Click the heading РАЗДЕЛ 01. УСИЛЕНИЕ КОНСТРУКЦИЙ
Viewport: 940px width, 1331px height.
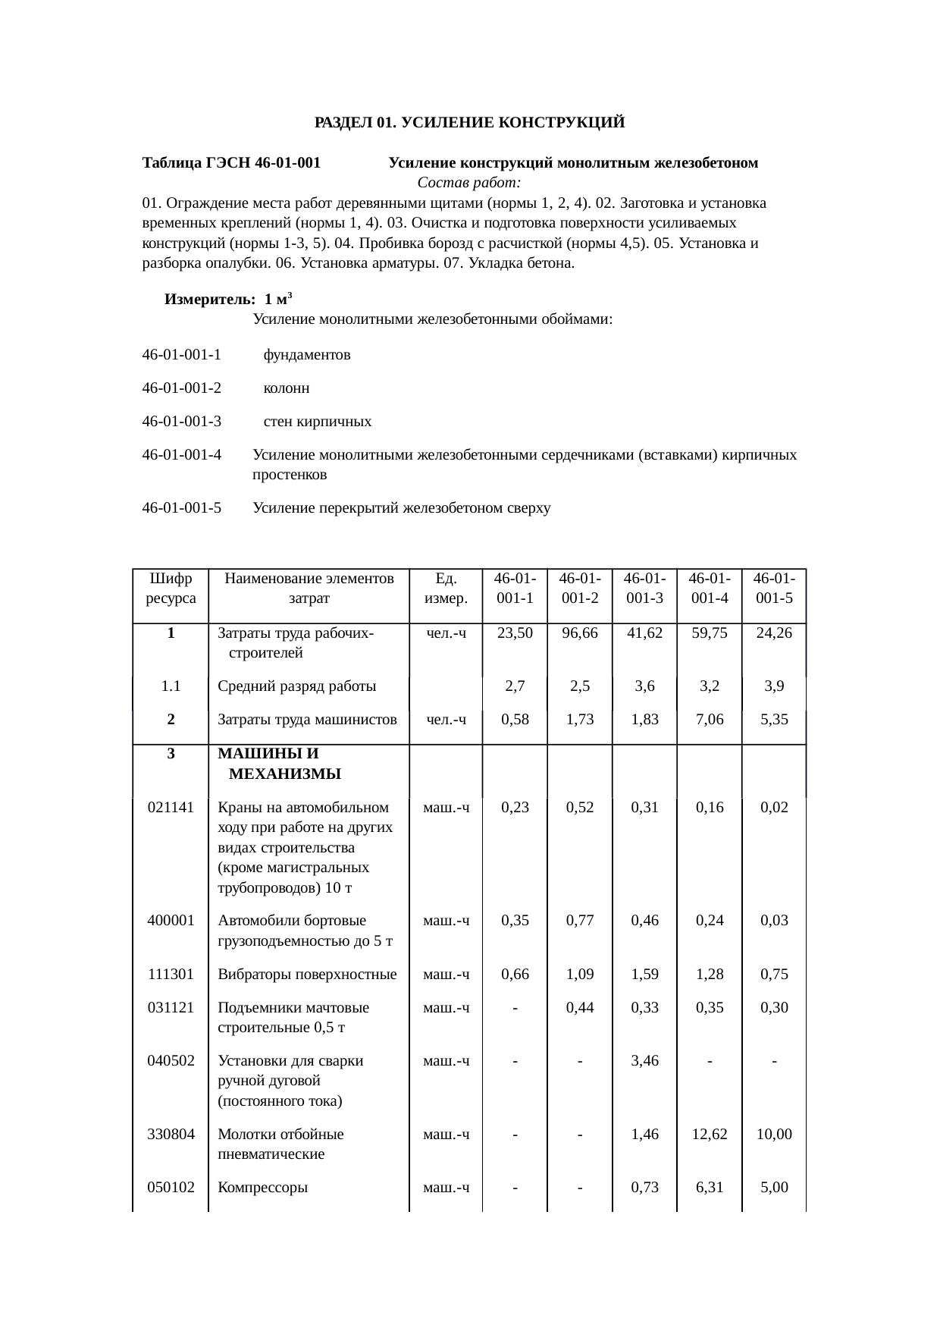click(x=469, y=122)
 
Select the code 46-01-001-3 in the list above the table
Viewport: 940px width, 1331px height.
click(x=181, y=421)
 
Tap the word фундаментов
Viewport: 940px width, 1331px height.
click(x=306, y=354)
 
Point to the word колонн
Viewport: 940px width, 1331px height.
click(x=286, y=388)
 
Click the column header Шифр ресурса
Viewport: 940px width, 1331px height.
click(x=171, y=588)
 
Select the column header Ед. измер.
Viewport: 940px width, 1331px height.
click(x=446, y=588)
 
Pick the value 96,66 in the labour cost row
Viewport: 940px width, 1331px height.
click(x=579, y=633)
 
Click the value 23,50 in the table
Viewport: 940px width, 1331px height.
click(x=515, y=633)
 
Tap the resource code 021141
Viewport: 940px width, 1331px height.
click(x=171, y=807)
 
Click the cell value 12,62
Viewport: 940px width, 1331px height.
click(x=709, y=1135)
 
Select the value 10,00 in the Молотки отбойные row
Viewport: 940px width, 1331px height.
click(x=773, y=1135)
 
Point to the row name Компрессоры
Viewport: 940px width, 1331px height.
click(x=262, y=1188)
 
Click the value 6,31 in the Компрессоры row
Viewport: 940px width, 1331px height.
click(x=709, y=1188)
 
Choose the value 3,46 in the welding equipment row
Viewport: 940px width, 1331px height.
click(x=644, y=1060)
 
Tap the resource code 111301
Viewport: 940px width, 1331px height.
click(x=171, y=974)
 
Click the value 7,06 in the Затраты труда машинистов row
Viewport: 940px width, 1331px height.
click(x=709, y=719)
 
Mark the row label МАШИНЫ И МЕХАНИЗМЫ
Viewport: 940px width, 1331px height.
click(x=279, y=764)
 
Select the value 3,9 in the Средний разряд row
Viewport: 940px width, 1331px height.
click(x=773, y=686)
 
